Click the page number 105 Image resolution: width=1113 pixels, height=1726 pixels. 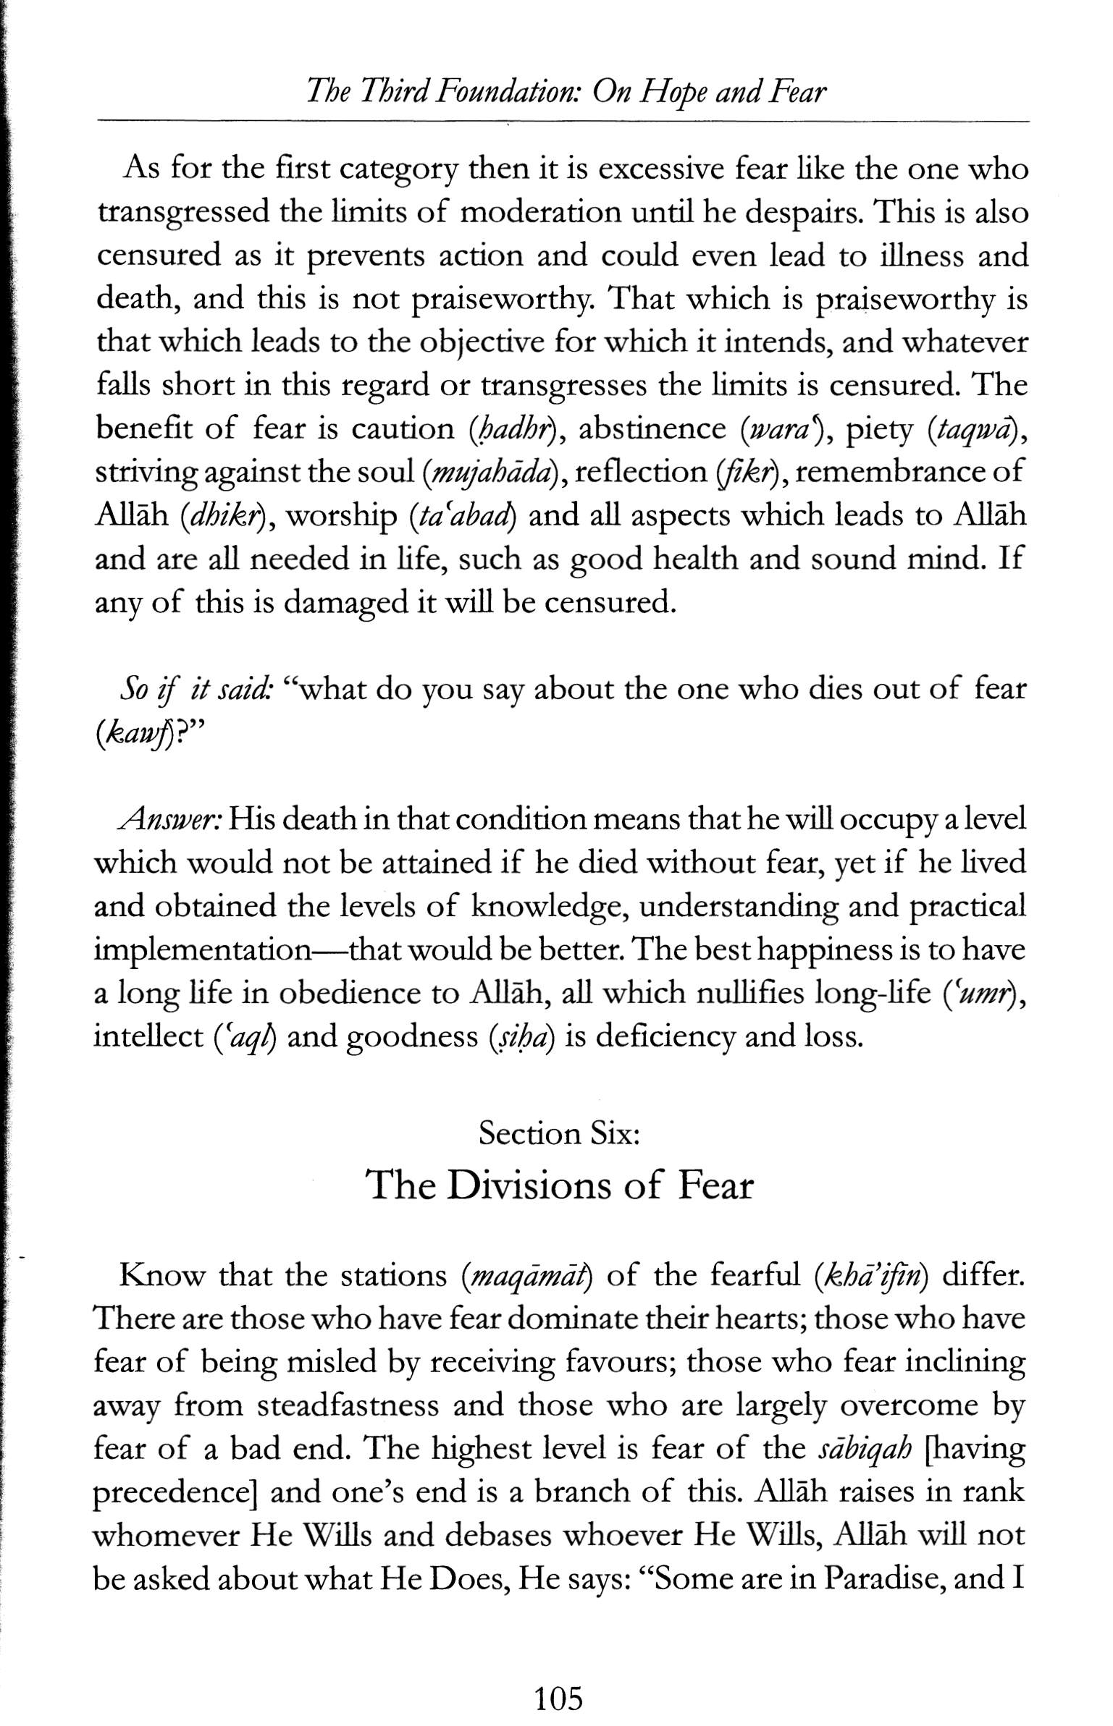coord(558,1678)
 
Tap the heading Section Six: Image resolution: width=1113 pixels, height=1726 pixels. coord(559,1133)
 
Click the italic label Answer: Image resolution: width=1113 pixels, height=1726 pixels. coord(169,820)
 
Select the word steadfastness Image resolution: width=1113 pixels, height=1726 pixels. coord(348,1405)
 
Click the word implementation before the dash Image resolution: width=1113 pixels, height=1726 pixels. coord(201,950)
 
